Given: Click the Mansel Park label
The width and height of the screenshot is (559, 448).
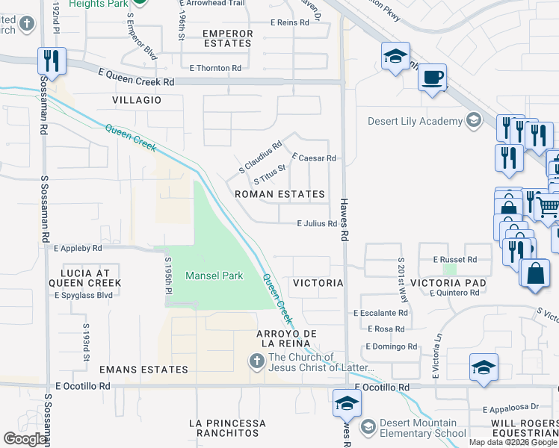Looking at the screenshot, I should point(214,276).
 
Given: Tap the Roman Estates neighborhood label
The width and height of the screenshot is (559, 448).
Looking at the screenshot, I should point(279,194).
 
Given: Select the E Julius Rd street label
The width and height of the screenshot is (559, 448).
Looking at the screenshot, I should point(317,223).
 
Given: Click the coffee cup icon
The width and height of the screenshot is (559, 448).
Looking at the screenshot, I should point(431,77).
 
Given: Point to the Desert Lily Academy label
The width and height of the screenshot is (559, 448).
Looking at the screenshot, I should point(416,121).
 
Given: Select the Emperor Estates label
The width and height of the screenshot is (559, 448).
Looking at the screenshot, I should point(227,38).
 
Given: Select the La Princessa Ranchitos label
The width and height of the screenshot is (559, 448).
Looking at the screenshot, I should point(227,428).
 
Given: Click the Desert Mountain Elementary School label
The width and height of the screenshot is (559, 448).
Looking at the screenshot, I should point(419,427).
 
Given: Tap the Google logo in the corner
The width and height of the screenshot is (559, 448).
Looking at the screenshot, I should point(25,439).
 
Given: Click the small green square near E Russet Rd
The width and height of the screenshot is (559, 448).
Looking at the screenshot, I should point(449,269).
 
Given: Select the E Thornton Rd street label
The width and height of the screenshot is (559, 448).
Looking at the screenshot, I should point(215,68).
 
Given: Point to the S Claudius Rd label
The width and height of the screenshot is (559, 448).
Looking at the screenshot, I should point(260,157).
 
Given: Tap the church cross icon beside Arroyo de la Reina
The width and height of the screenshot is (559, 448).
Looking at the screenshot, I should point(256,361).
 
